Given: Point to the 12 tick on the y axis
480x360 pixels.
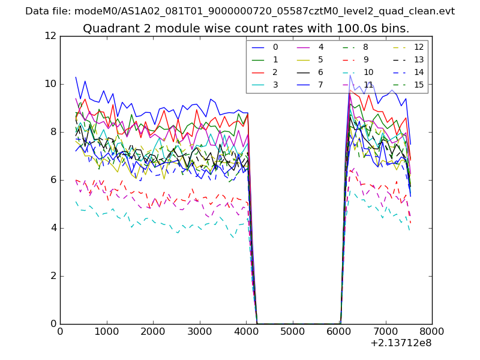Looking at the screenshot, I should tap(51, 36).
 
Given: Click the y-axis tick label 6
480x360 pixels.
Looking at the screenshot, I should tap(54, 180).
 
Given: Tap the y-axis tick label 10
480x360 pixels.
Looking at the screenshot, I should tap(51, 84).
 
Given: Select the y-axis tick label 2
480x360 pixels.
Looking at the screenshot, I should tap(54, 276).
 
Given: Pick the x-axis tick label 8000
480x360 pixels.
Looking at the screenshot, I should tap(432, 331).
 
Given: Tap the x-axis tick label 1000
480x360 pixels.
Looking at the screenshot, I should tap(106, 331).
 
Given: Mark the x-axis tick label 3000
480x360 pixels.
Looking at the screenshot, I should tap(199, 331).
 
